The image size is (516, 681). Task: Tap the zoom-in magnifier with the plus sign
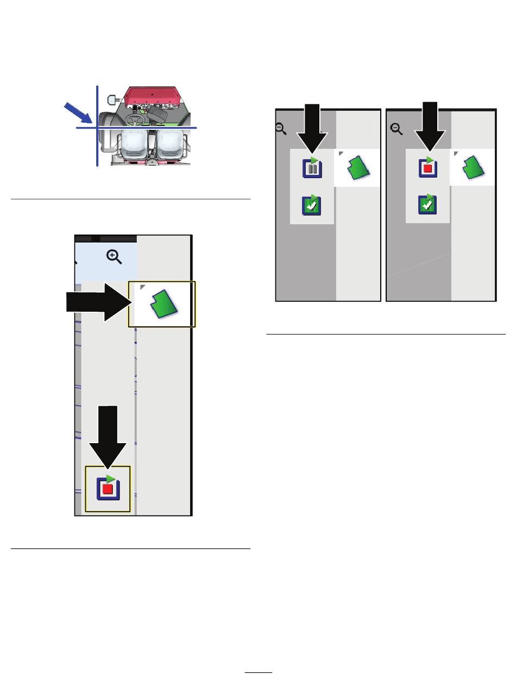tap(114, 257)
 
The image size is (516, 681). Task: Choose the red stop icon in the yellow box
tap(108, 488)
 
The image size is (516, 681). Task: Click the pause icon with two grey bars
tap(312, 168)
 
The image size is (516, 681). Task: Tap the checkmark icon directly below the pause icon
tap(312, 205)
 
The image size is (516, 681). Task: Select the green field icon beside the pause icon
tap(358, 168)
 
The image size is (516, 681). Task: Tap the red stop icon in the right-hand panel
tap(428, 168)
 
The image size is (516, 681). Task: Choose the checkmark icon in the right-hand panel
tap(427, 205)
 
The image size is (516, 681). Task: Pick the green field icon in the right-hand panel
tap(473, 168)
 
